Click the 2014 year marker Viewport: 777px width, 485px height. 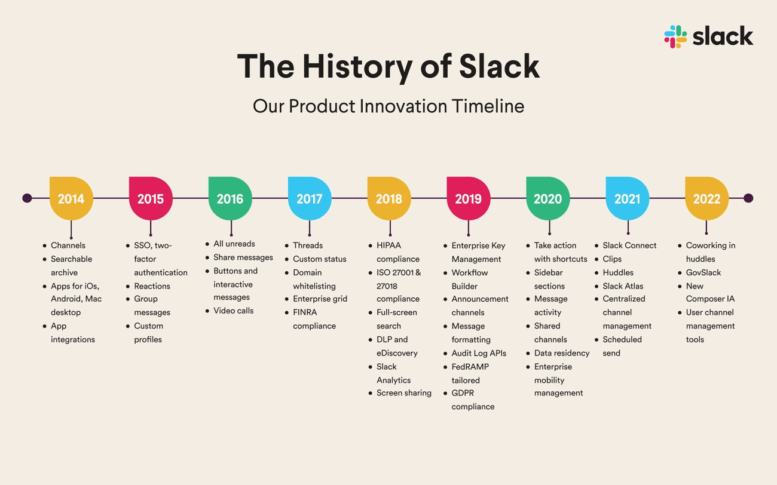coord(71,198)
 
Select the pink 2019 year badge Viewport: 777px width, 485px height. coord(468,198)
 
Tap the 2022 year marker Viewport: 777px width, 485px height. coord(706,198)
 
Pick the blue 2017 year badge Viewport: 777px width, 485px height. coord(310,198)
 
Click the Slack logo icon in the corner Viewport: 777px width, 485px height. coord(675,37)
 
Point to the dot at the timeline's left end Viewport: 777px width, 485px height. coord(27,198)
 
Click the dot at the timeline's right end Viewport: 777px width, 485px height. coord(748,198)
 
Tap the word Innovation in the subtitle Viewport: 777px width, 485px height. coord(403,106)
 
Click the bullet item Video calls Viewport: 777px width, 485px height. coord(234,311)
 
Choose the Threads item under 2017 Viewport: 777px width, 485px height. coord(308,245)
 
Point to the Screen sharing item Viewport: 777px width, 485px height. coord(404,393)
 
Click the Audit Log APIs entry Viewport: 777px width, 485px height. coord(479,353)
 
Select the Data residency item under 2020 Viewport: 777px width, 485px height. coord(562,353)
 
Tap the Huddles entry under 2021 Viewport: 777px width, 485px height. coord(618,272)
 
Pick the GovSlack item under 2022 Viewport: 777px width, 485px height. coord(703,272)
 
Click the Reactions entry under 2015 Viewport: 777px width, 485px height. coord(152,286)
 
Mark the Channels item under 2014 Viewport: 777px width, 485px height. coord(68,245)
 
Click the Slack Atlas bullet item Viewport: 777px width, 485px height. coord(623,286)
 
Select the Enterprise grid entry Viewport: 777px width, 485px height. coord(320,299)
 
